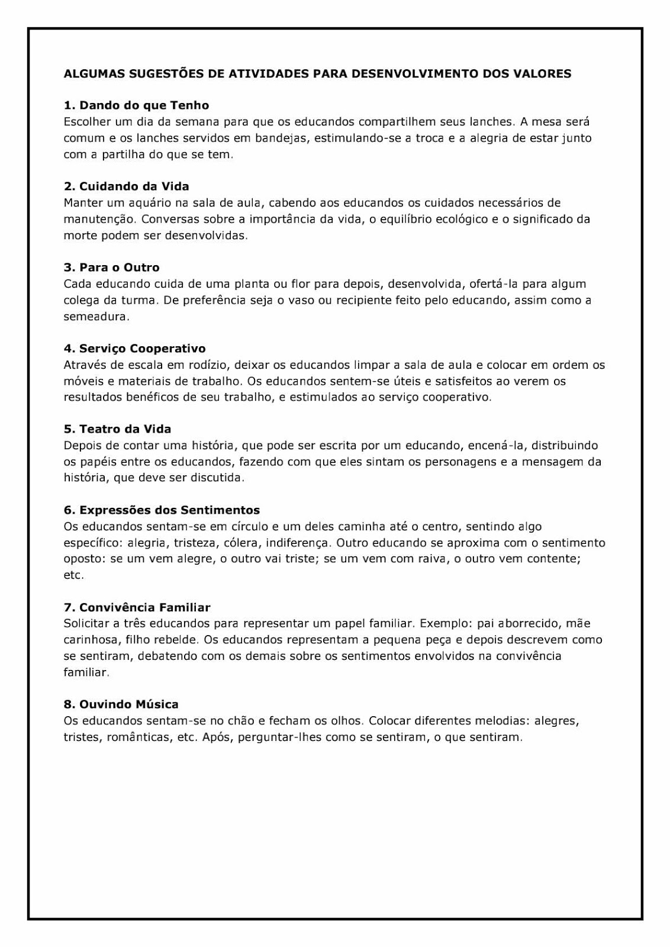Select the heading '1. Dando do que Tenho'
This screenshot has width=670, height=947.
[136, 105]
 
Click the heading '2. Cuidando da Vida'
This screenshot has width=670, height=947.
[126, 186]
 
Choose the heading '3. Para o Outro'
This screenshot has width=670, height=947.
[111, 268]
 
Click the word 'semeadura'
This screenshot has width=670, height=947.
[95, 317]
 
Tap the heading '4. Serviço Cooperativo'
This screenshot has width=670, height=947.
[134, 349]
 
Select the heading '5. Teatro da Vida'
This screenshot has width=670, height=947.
[117, 429]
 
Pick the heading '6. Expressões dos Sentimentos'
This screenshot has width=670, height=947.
[162, 510]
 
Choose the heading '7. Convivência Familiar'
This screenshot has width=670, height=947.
[137, 607]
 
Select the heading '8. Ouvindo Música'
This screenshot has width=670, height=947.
[121, 704]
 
